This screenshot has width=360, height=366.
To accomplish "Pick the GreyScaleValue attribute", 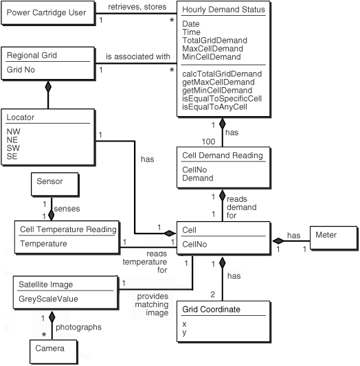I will pyautogui.click(x=49, y=299).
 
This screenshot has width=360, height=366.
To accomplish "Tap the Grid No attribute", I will pyautogui.click(x=22, y=69).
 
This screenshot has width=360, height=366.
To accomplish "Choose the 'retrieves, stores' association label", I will pyautogui.click(x=134, y=8).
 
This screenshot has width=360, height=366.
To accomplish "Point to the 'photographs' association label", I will pyautogui.click(x=79, y=327).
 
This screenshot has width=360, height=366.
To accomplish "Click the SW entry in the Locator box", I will pyautogui.click(x=13, y=148).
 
